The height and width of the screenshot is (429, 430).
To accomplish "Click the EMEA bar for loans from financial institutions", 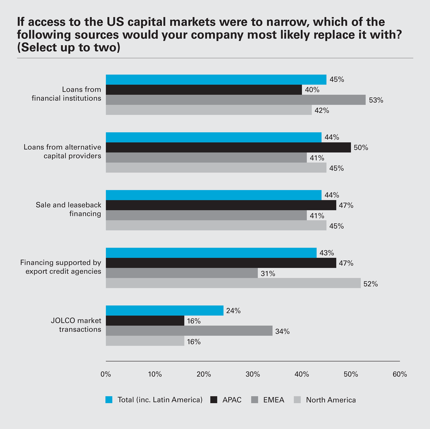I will [236, 100].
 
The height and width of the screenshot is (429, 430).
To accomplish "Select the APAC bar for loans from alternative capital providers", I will [228, 147].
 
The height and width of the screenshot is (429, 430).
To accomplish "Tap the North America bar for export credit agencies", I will [233, 283].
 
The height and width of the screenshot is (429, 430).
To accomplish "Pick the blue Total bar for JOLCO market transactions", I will [164, 310].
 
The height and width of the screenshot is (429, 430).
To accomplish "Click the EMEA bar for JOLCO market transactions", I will [189, 331].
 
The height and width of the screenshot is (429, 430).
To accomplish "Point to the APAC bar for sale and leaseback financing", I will [221, 205].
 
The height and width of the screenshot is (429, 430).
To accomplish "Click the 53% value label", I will [376, 100].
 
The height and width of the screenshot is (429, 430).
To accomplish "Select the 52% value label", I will [371, 284].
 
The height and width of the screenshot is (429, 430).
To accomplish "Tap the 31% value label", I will [268, 274].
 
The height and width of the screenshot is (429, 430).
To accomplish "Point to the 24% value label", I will [233, 311].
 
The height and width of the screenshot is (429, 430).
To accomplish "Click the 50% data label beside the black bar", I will [361, 148].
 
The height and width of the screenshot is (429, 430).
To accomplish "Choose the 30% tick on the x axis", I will [253, 374].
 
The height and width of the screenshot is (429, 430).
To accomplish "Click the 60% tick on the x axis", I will [400, 374].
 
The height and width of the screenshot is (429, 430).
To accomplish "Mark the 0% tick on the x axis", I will [106, 374].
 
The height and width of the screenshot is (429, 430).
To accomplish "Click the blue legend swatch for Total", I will [109, 400].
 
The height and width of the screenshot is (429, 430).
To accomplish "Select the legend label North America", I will [331, 400].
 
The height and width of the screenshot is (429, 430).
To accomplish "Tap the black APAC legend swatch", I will [214, 400].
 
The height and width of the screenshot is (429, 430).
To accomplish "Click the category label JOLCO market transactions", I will [76, 325].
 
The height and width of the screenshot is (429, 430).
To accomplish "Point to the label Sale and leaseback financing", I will [69, 209].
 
